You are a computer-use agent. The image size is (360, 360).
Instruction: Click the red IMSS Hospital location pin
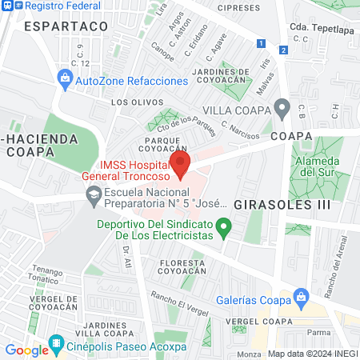(x=182, y=165)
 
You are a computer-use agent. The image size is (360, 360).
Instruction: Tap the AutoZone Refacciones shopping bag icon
(x=65, y=79)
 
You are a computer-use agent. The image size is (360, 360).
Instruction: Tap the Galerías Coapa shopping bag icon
(x=301, y=298)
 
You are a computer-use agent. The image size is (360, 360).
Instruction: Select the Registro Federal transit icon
(x=6, y=6)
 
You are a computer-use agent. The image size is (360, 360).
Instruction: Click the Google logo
(x=26, y=350)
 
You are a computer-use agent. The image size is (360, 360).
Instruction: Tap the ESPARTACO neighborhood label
(x=66, y=26)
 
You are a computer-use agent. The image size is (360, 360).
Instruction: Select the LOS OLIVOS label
(x=137, y=102)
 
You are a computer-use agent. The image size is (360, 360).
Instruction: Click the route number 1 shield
(x=261, y=44)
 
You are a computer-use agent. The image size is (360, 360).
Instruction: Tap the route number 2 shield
(x=283, y=50)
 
